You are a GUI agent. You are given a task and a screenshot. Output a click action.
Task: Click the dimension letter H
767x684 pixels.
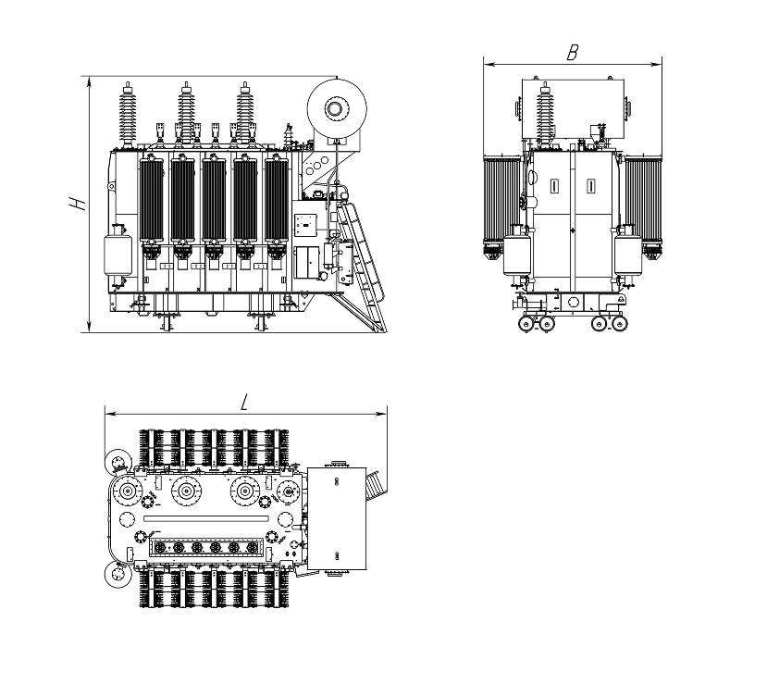78,204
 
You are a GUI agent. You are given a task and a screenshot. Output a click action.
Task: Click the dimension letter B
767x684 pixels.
573,53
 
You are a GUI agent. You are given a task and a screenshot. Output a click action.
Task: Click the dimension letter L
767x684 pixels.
245,403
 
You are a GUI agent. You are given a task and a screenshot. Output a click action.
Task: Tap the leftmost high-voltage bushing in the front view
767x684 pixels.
128,116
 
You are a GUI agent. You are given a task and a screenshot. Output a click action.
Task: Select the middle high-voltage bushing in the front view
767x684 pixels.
186,114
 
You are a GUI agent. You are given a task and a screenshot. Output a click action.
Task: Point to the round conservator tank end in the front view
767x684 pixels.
337,108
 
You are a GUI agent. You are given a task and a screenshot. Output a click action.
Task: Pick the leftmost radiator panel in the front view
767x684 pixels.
152,200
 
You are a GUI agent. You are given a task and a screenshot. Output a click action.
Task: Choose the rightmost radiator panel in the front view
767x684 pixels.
277,200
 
